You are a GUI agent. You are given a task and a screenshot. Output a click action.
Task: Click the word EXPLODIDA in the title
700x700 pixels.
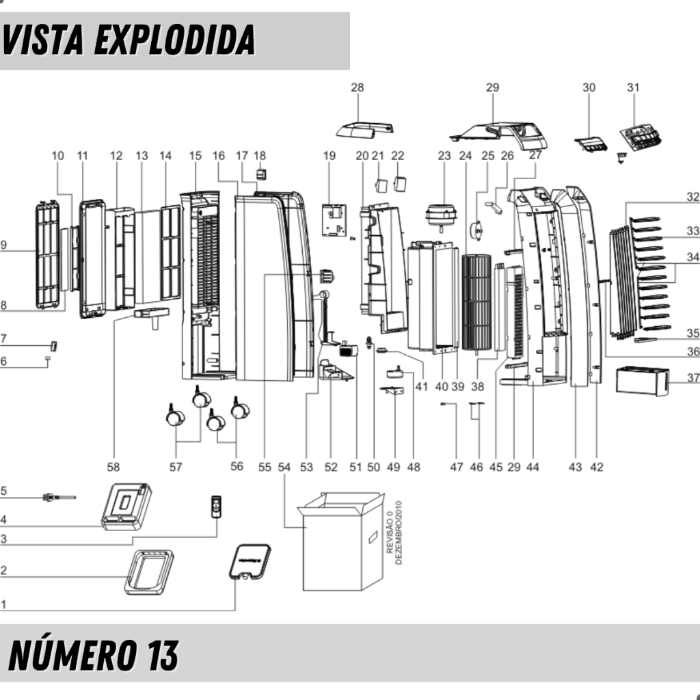coord(174,40)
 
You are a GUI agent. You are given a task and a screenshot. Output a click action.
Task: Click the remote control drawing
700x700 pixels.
coord(217,507)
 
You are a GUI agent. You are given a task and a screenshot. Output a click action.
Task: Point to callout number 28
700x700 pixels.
coord(358,87)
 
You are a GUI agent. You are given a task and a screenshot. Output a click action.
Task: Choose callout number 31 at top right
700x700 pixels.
coord(634,87)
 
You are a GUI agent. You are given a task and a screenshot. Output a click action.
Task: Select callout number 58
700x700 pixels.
coord(113,467)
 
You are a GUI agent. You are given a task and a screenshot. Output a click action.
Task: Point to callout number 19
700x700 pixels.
coord(329,156)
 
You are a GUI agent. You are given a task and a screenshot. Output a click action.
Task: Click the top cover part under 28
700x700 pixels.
coord(366,129)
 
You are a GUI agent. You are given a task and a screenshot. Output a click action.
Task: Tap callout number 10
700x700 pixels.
coord(58,156)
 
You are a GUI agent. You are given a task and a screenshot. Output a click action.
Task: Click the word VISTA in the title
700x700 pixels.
coord(44,40)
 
